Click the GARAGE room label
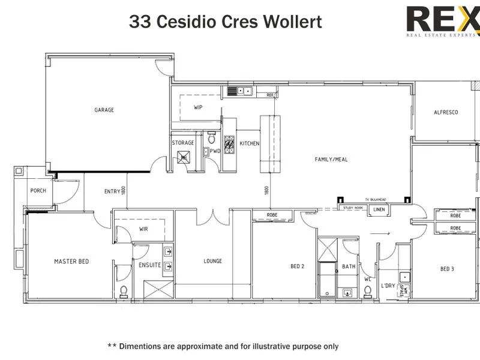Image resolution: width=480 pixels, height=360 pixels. [104, 110]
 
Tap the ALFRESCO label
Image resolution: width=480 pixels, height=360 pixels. [446, 112]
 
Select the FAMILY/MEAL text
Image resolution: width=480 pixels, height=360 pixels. [331, 160]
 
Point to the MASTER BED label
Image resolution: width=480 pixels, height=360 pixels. [71, 261]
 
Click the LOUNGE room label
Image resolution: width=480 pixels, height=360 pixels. [212, 261]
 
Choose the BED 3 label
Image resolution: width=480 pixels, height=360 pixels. [447, 269]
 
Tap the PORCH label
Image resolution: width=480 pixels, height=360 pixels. [38, 191]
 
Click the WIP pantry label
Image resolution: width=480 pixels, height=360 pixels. [198, 108]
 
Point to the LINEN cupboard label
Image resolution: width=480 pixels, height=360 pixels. [379, 209]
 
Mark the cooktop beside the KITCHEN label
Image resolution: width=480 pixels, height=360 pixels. [229, 144]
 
